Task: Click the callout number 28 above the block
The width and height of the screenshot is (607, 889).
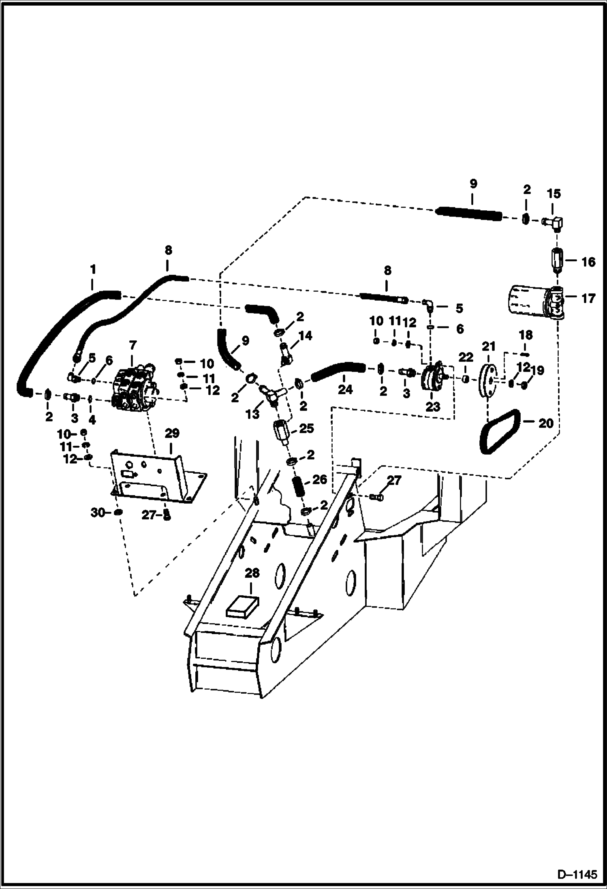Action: (252, 573)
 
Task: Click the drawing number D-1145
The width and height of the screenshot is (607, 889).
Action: (577, 874)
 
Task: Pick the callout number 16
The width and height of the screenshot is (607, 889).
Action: (588, 262)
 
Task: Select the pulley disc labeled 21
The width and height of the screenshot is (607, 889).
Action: (488, 381)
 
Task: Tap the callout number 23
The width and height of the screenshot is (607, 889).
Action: (432, 406)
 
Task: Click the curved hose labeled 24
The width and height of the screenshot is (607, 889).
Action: (339, 370)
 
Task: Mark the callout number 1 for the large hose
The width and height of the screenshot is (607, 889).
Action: (93, 269)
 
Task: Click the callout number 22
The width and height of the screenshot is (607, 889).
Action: (466, 357)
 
